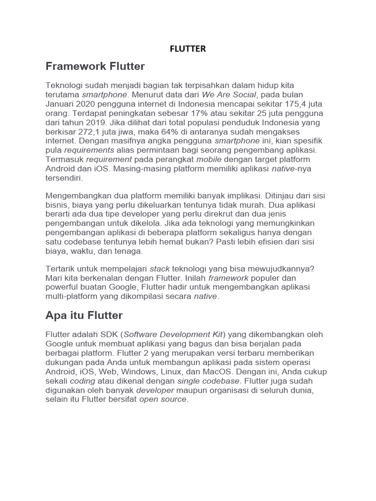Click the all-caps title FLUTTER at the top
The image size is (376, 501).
(x=188, y=48)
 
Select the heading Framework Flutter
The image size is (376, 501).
(x=95, y=66)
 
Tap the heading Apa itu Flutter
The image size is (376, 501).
(x=84, y=315)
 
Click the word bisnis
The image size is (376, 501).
(x=56, y=205)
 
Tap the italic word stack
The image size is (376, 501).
(x=160, y=268)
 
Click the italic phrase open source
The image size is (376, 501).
(x=164, y=399)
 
